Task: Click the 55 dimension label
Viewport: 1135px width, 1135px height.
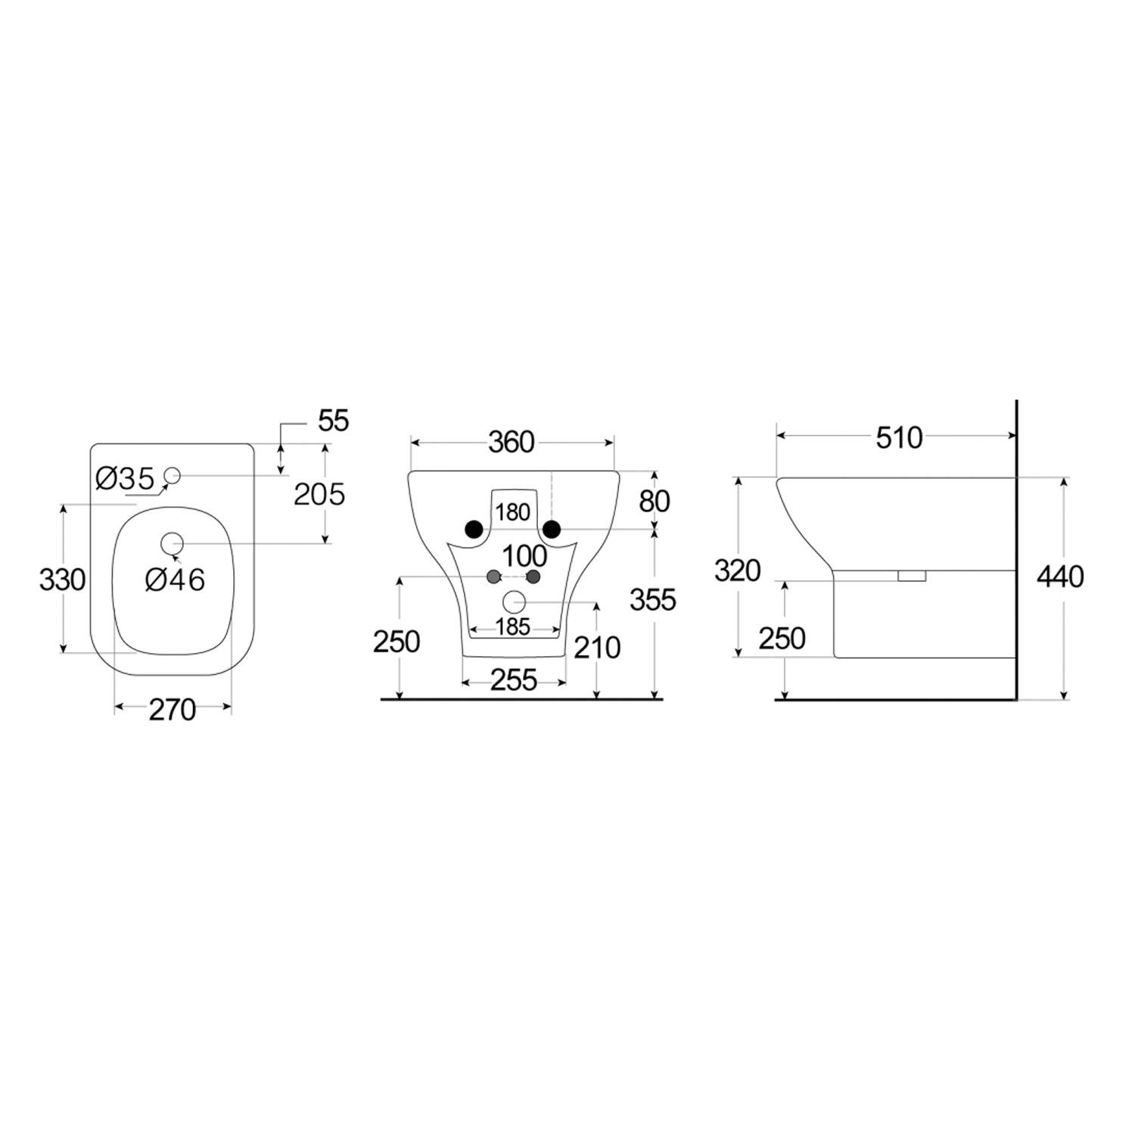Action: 334,421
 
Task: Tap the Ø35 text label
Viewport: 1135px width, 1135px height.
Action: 126,478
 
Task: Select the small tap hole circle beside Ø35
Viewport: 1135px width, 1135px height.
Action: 172,475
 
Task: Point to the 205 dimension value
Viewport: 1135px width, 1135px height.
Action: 319,494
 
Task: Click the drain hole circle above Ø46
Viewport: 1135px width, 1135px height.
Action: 173,543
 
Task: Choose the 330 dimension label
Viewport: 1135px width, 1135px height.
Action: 62,580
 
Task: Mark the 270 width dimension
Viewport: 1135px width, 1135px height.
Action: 173,710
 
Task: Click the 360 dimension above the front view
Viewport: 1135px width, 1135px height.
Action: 512,442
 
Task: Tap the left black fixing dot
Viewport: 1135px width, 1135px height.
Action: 474,529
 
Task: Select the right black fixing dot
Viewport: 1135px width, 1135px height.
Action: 552,529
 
